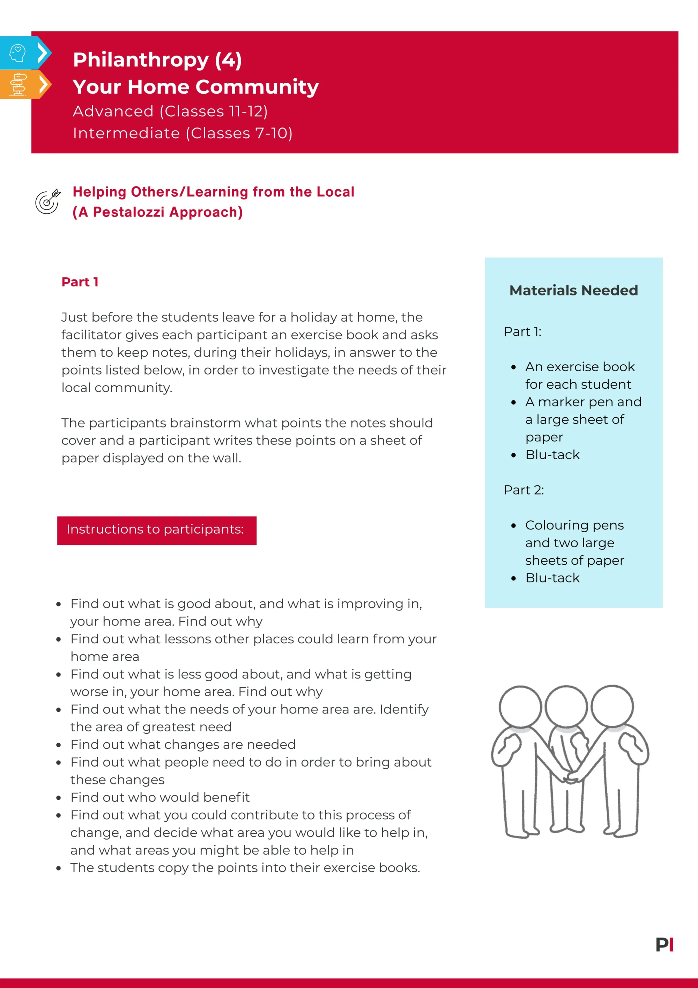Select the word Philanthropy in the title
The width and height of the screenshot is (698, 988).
coord(141,59)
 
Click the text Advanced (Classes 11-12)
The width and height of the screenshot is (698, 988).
coord(170,111)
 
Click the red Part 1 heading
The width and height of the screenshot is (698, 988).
coord(80,282)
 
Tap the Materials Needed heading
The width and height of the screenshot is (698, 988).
coord(573,291)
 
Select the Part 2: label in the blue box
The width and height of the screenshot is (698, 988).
coord(523,490)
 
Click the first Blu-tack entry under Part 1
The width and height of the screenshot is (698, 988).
coord(552,455)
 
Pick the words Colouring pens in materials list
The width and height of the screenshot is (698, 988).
coord(574,525)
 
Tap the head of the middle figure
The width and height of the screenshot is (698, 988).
coord(566,707)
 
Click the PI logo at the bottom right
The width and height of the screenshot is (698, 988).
coord(664,945)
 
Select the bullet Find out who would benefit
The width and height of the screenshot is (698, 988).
coord(160,797)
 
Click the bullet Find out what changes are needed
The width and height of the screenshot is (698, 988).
coord(183,745)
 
